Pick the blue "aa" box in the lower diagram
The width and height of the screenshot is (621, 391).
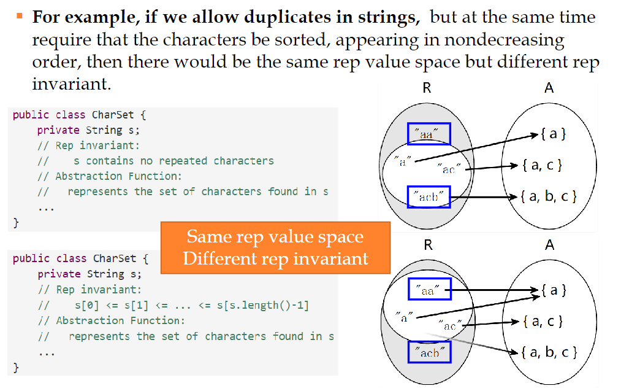tap(429, 290)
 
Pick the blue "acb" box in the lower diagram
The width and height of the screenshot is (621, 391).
tap(429, 352)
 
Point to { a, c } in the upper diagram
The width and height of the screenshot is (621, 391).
tap(541, 165)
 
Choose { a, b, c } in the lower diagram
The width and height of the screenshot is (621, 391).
tap(549, 352)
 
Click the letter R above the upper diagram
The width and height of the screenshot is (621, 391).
tap(427, 88)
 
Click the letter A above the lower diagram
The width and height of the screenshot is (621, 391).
tap(549, 245)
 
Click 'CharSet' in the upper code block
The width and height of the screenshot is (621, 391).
tap(110, 115)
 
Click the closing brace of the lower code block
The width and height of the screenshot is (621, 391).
tap(16, 367)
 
